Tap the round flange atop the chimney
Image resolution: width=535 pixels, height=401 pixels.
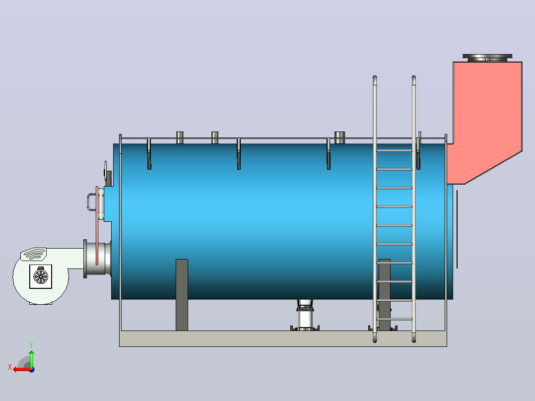tap(487, 58)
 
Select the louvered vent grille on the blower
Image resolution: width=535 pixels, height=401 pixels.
tap(33, 254)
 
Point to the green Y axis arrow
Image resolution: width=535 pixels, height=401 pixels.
tap(31, 359)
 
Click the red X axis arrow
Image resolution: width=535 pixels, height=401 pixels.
tap(22, 369)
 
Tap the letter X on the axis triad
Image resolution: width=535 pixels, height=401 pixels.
tap(10, 367)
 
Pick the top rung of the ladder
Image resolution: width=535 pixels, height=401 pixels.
tap(394, 150)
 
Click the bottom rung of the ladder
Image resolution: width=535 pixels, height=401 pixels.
tap(394, 319)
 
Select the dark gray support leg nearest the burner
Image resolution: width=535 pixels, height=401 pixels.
tap(182, 295)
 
